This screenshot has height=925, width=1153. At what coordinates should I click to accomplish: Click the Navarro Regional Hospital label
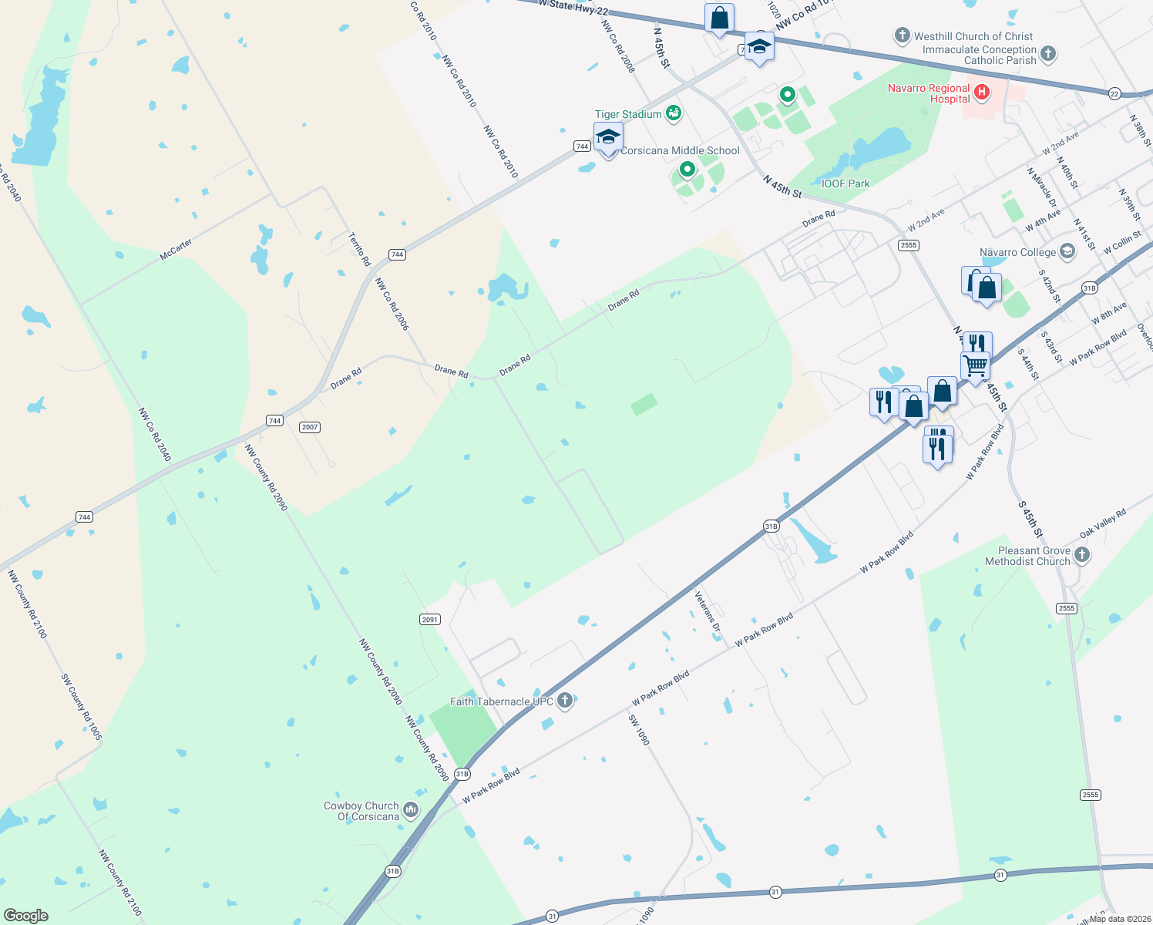[x=929, y=93]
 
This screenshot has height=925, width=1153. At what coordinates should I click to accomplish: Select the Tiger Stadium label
[x=628, y=114]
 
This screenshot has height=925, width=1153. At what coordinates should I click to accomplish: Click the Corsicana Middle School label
[x=680, y=150]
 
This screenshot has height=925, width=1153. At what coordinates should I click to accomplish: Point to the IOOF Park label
[x=845, y=183]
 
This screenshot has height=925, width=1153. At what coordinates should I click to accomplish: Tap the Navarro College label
[x=1017, y=252]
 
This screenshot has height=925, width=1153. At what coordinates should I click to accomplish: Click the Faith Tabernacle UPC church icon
[x=565, y=700]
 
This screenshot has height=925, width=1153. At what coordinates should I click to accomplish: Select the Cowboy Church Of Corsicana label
[x=361, y=811]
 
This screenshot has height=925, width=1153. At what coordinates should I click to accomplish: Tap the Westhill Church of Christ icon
[x=902, y=35]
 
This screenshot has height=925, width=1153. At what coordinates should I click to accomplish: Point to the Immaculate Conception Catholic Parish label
[x=980, y=55]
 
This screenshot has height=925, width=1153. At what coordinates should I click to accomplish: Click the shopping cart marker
[x=976, y=365]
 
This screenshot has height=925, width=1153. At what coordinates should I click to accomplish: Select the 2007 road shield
[x=310, y=427]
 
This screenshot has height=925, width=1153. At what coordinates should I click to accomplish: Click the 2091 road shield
[x=430, y=619]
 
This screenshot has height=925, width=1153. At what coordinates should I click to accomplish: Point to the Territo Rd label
[x=359, y=250]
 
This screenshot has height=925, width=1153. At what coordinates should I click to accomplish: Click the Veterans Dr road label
[x=707, y=612]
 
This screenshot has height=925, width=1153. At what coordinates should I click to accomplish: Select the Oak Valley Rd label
[x=1102, y=523]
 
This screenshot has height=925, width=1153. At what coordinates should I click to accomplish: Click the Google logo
[x=26, y=916]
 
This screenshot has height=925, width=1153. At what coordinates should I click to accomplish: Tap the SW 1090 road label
[x=639, y=730]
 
